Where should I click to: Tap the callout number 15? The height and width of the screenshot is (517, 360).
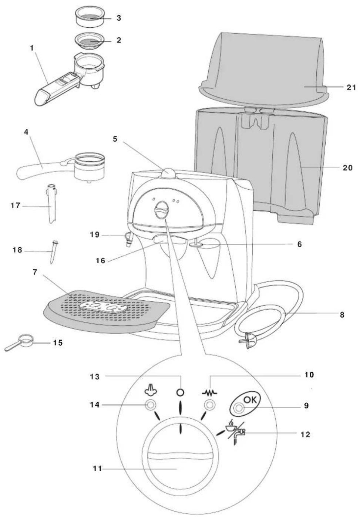pyautogui.click(x=57, y=343)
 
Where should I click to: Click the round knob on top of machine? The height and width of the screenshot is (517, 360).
pyautogui.click(x=168, y=172)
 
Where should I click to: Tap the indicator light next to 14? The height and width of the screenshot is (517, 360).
pyautogui.click(x=150, y=406)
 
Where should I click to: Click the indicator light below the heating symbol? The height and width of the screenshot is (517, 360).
pyautogui.click(x=210, y=406)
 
